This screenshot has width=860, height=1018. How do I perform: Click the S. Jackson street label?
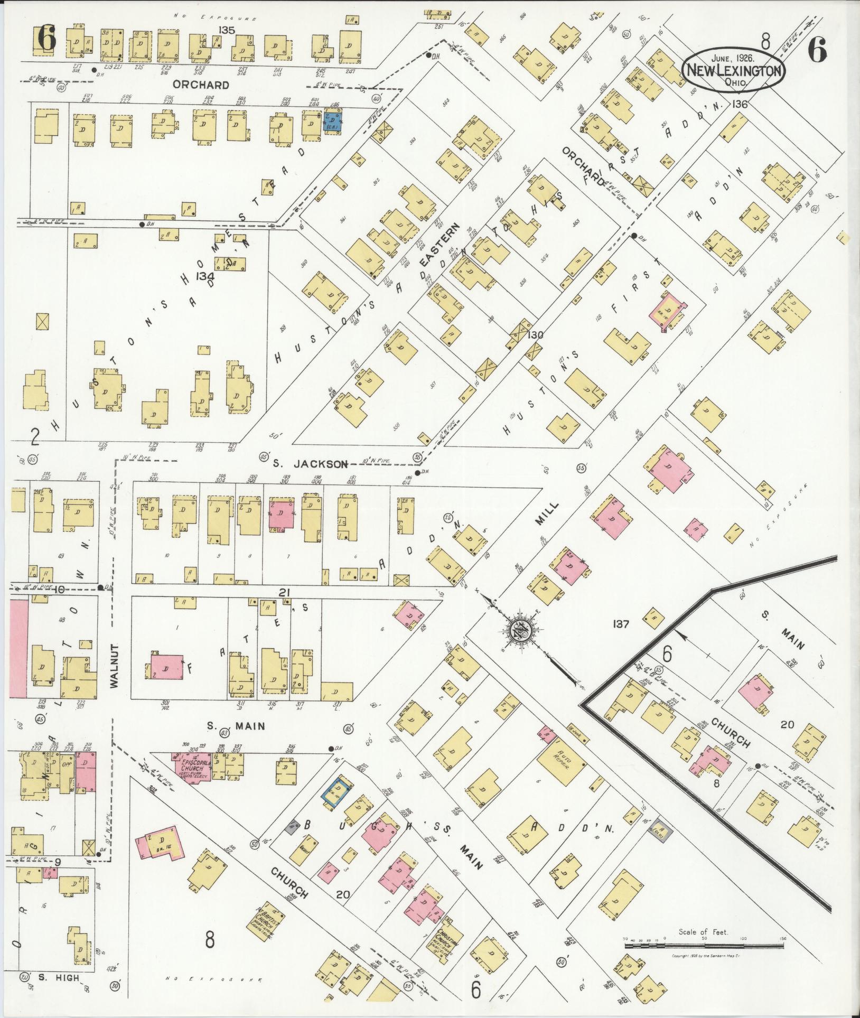(x=311, y=464)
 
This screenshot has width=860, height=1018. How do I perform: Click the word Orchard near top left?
(x=201, y=85)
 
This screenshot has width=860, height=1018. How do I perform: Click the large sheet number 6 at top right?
(x=816, y=52)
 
